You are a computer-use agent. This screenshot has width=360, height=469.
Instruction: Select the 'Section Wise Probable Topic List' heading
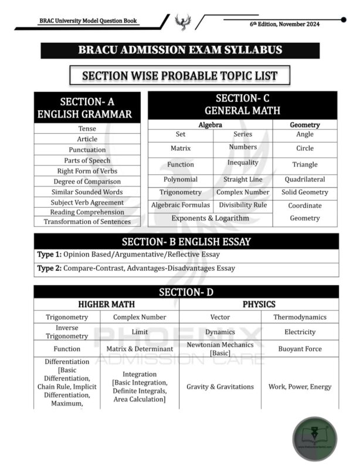pos(179,76)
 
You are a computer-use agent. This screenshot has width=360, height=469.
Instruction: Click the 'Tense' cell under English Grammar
pos(87,128)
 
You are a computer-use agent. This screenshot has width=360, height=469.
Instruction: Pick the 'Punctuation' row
pos(87,149)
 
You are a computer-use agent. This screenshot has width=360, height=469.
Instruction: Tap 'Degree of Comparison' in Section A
pos(87,181)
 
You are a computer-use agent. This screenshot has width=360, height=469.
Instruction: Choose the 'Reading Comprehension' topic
pos(87,212)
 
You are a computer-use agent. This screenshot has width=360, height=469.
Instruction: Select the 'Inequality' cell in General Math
pos(243,162)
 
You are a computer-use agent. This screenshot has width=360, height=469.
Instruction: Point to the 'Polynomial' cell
pos(181,179)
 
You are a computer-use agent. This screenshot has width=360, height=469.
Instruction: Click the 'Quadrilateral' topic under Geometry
pos(305,179)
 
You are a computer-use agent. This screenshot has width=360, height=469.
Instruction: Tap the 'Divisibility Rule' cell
pos(243,205)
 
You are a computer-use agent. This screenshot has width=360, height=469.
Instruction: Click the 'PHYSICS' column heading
pos(259,304)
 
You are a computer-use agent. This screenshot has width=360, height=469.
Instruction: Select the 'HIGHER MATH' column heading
pos(106,304)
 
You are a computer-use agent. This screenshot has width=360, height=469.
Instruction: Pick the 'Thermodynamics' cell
pos(300,317)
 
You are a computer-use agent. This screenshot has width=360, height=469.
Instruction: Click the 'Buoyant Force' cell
pos(300,349)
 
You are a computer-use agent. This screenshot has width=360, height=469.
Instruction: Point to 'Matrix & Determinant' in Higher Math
pos(140,349)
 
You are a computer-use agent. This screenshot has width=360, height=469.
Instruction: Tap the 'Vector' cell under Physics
pos(220,317)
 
